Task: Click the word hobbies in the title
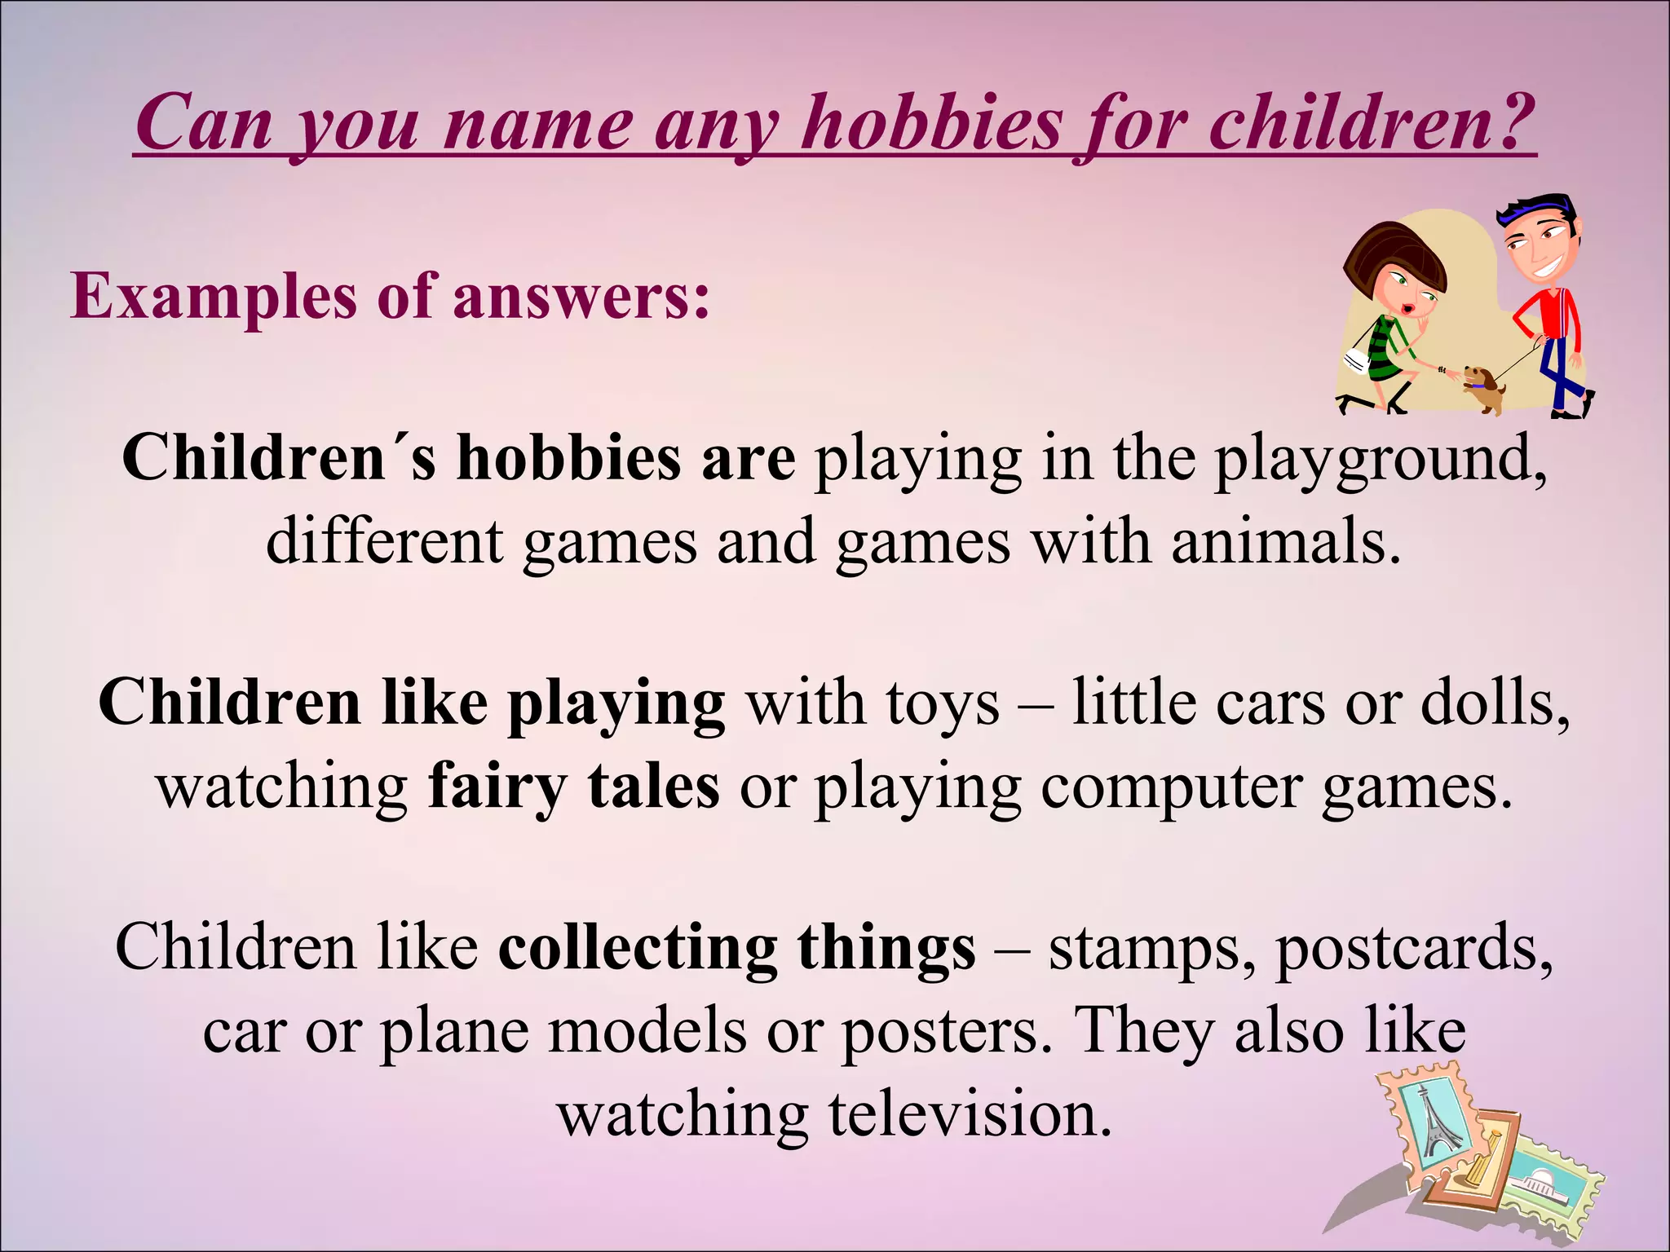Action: click(931, 124)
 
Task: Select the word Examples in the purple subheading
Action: click(214, 295)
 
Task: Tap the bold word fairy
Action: click(497, 789)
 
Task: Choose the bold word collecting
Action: click(638, 949)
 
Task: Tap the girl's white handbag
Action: click(1355, 359)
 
